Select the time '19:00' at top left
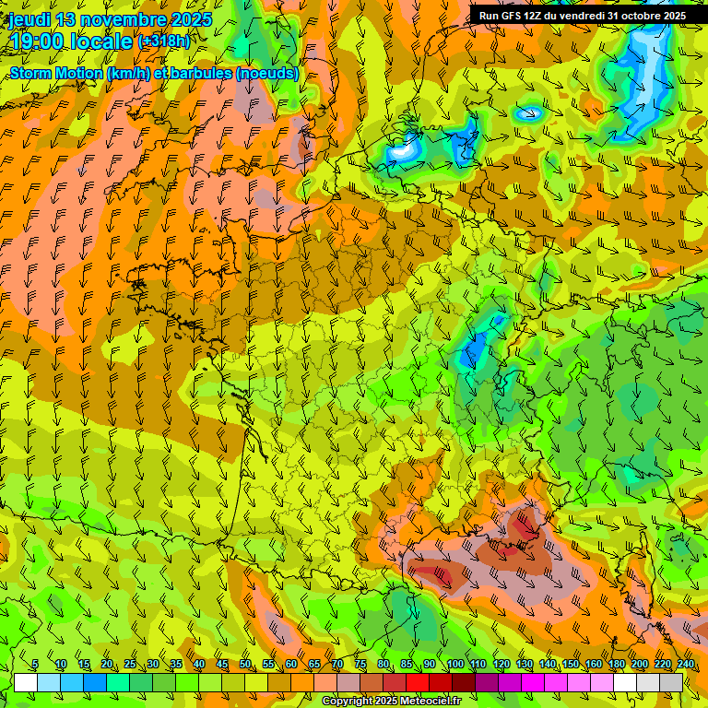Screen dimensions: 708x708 point(40,41)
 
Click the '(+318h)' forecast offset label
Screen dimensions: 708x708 point(165,41)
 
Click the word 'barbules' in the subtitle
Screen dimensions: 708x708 point(201,73)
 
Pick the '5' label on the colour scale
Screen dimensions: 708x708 point(35,665)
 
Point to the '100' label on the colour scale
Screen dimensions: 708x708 point(454,665)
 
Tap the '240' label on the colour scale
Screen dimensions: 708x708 point(685,665)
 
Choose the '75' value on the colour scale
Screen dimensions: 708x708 point(360,665)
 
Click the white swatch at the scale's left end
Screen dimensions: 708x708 point(26,682)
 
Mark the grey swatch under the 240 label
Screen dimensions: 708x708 point(671,682)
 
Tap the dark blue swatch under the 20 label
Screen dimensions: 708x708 point(95,682)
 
